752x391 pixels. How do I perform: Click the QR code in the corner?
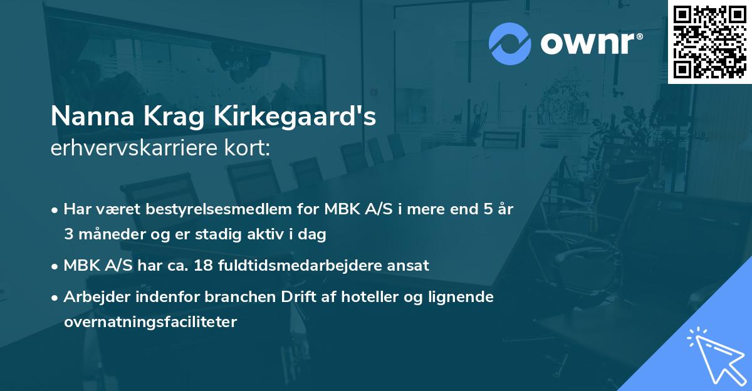[x=709, y=42]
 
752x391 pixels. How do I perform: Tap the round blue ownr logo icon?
[x=510, y=43]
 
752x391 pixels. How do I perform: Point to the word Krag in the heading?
[x=165, y=118]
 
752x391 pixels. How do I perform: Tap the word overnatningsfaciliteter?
[x=150, y=322]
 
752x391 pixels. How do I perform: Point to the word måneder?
[x=110, y=235]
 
